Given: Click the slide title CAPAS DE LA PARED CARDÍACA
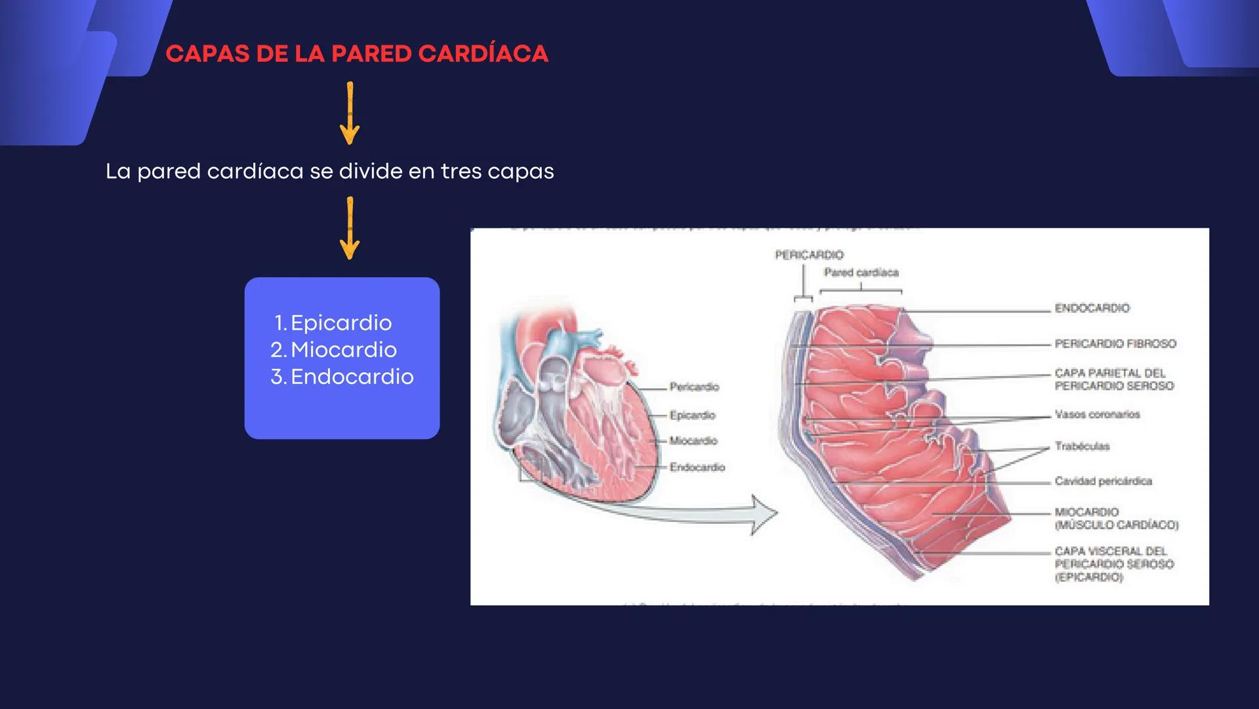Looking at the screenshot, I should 356,54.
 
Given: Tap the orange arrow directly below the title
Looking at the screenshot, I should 350,113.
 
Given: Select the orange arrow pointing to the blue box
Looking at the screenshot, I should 350,228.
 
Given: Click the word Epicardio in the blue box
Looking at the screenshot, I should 341,323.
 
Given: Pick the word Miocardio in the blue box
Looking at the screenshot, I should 343,350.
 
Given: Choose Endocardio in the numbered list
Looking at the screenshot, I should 352,377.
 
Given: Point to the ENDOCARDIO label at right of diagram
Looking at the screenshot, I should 1092,308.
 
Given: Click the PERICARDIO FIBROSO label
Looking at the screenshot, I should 1115,343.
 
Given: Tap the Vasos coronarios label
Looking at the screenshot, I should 1097,414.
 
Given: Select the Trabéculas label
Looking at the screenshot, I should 1082,446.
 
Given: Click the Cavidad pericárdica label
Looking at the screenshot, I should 1103,481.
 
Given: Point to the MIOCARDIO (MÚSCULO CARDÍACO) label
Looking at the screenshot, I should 1116,518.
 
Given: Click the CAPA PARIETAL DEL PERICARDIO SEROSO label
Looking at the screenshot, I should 1113,379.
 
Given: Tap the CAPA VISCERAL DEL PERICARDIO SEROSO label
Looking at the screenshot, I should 1113,564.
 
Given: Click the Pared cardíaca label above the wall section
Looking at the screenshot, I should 861,272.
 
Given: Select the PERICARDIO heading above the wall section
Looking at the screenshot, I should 809,255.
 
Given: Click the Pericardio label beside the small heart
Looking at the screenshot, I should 694,387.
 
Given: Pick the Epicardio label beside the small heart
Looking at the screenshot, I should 692,415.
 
